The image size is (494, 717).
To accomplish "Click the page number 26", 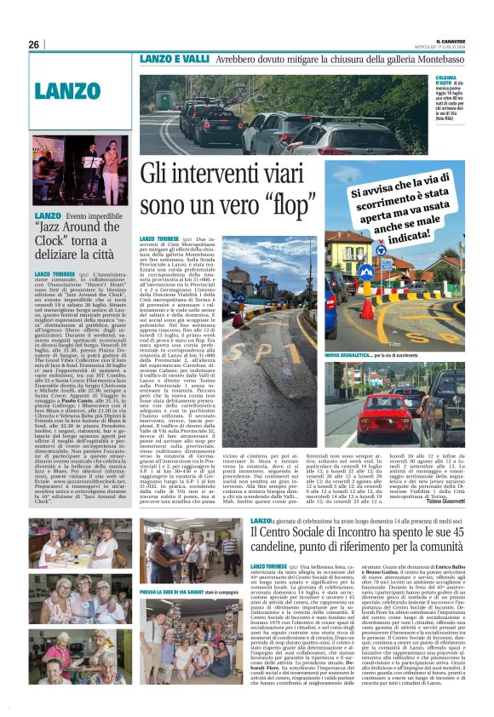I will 34,44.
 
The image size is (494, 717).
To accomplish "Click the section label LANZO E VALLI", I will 175,60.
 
